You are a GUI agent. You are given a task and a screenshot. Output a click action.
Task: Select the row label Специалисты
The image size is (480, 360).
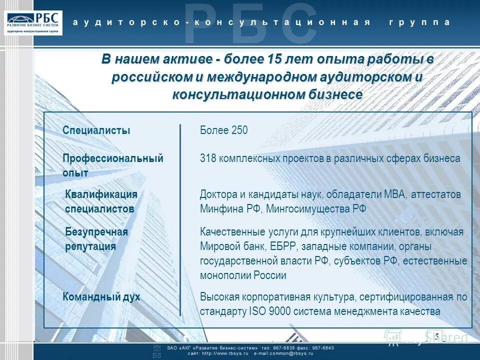(96, 130)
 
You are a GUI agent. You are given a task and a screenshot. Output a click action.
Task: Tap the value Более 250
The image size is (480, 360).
(223, 130)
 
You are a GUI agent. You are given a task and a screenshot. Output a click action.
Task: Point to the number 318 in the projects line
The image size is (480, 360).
(207, 158)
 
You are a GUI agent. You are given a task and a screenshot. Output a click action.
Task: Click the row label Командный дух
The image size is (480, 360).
(101, 296)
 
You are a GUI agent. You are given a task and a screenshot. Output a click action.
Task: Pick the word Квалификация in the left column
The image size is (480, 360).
(101, 194)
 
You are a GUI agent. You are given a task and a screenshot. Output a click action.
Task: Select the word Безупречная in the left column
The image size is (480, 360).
(96, 232)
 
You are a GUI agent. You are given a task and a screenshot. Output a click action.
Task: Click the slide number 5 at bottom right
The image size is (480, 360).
(436, 336)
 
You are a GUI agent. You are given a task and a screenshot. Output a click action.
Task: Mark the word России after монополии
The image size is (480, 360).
(269, 275)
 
